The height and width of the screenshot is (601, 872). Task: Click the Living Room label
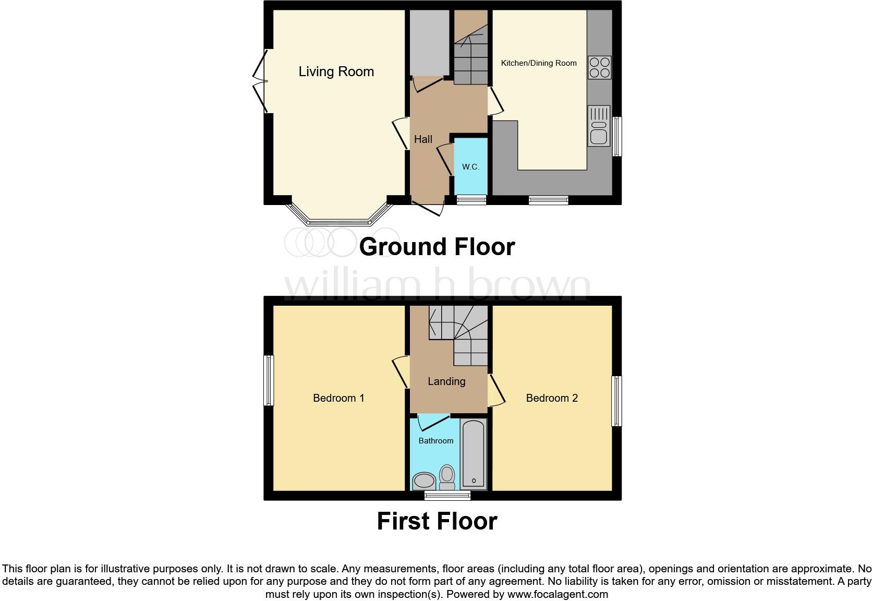[x=336, y=71]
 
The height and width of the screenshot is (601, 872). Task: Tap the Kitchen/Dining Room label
[x=538, y=63]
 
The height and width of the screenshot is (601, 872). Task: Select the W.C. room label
[x=470, y=167]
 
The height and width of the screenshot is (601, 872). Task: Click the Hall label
[x=423, y=139]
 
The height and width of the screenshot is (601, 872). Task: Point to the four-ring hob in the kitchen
[x=599, y=67]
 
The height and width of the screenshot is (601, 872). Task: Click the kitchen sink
[x=599, y=126]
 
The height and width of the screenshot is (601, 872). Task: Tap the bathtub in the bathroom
[x=474, y=453]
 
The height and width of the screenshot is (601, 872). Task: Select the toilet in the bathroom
[x=447, y=477]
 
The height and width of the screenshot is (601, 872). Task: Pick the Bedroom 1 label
[x=338, y=398]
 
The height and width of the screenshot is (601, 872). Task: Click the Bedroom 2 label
[x=552, y=398]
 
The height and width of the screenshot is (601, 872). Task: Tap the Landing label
[x=446, y=381]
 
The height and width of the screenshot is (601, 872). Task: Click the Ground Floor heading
[x=437, y=246]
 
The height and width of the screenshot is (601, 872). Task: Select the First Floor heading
[x=437, y=521]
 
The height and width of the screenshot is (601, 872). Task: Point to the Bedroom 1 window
[x=269, y=380]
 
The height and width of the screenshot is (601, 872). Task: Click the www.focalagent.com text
[x=557, y=594]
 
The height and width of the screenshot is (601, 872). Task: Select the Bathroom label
[x=435, y=441]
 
